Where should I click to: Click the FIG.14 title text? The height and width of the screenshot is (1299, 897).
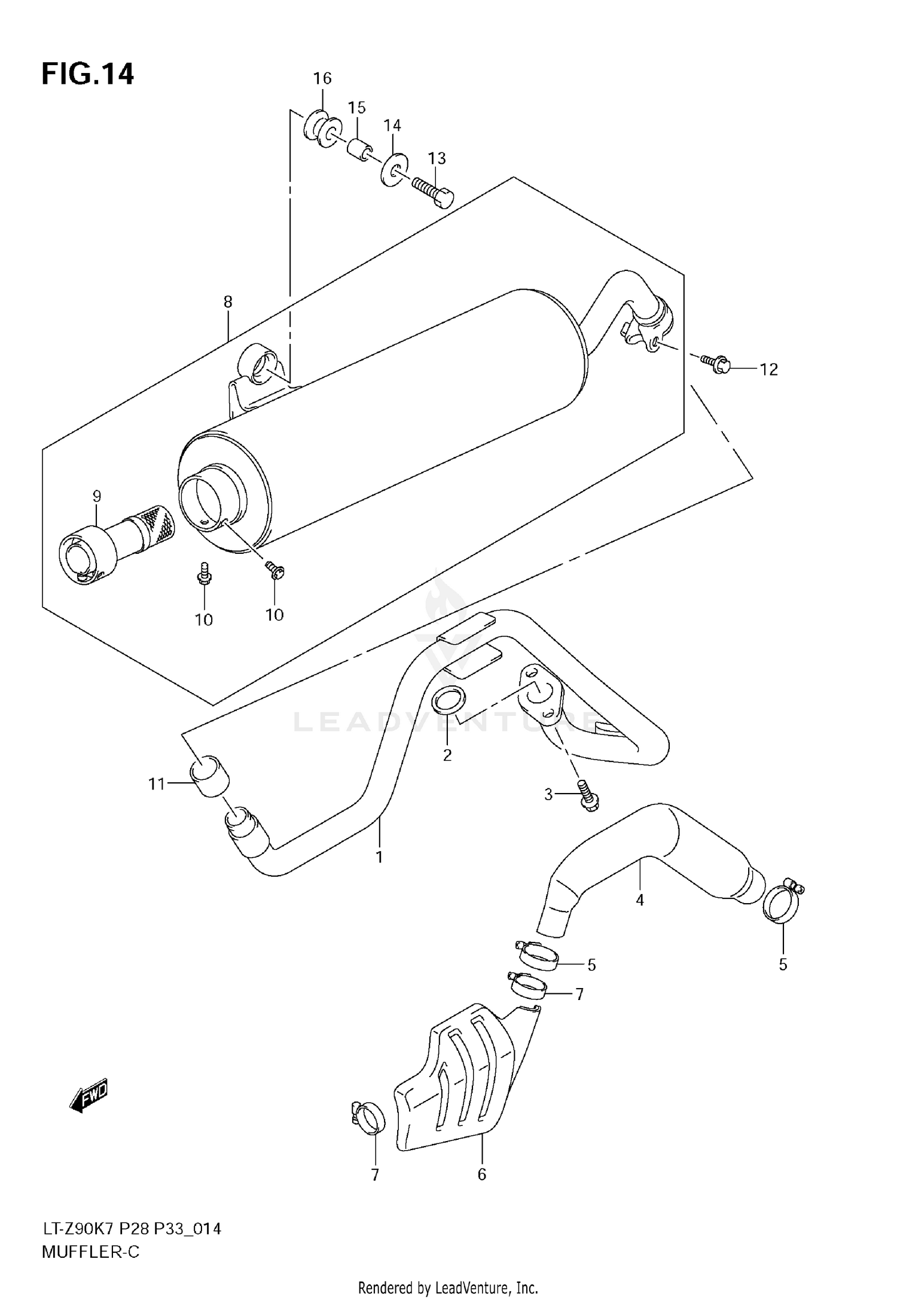click(x=88, y=75)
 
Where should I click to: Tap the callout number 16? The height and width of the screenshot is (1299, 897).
click(x=322, y=78)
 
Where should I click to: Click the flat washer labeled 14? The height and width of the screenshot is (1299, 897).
click(x=393, y=169)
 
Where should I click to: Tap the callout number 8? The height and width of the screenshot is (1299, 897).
click(x=228, y=302)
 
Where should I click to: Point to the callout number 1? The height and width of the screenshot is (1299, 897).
click(x=379, y=857)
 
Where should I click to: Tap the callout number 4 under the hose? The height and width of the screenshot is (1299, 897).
click(x=640, y=900)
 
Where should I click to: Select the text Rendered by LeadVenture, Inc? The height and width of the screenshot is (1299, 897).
click(x=448, y=1287)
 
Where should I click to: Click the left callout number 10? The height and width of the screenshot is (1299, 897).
click(x=204, y=620)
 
